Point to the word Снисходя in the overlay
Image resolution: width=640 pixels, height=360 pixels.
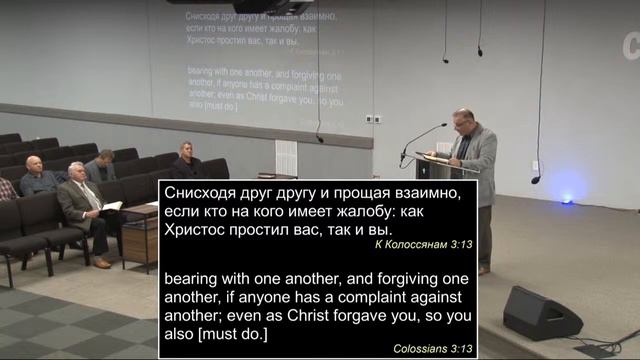[x=198, y=192]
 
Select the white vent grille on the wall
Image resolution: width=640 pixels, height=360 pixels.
[x=285, y=157]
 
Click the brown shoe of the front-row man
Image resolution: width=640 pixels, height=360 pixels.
[x=102, y=263]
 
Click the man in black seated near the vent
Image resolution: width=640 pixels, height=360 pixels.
[x=187, y=160]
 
